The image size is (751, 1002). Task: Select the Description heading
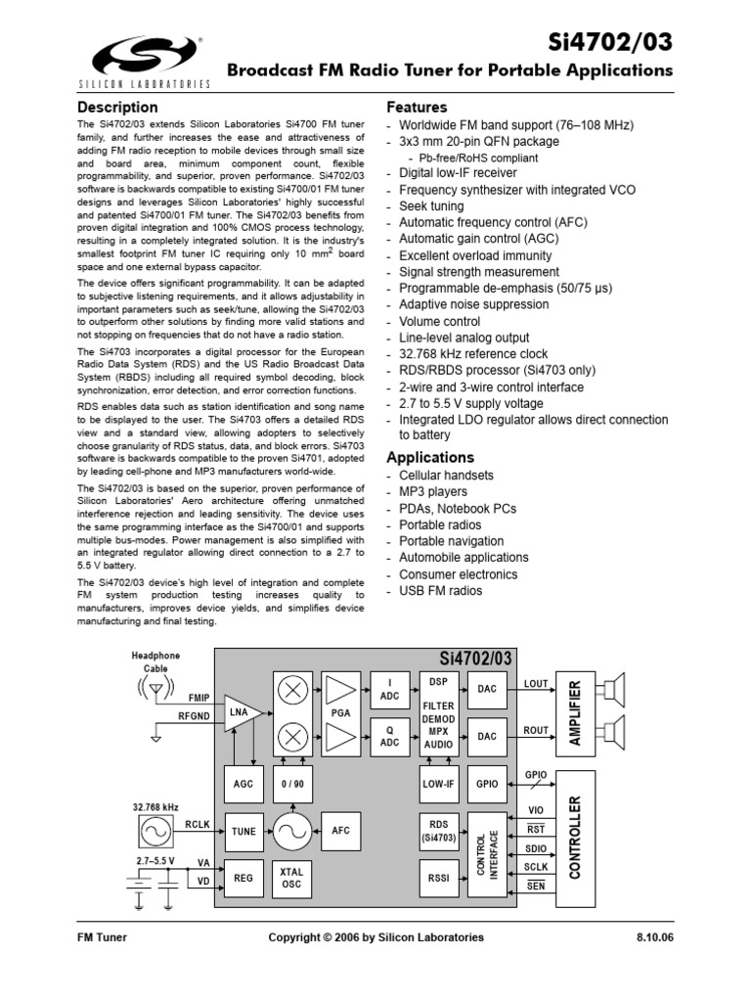[x=117, y=107]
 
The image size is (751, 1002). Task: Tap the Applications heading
[x=430, y=457]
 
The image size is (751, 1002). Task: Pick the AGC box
[x=243, y=784]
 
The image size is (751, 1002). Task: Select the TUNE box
[x=243, y=832]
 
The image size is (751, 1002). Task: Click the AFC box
[x=340, y=832]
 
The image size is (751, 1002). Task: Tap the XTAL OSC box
[x=291, y=879]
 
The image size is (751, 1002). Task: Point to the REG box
[x=243, y=879]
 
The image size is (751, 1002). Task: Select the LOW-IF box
[x=438, y=784]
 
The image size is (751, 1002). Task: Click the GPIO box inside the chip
[x=487, y=784]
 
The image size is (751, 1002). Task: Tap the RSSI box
[x=438, y=879]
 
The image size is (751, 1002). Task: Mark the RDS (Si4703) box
[x=438, y=832]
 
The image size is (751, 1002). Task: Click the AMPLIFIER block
[x=576, y=713]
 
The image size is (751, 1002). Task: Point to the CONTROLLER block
[x=576, y=838]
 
